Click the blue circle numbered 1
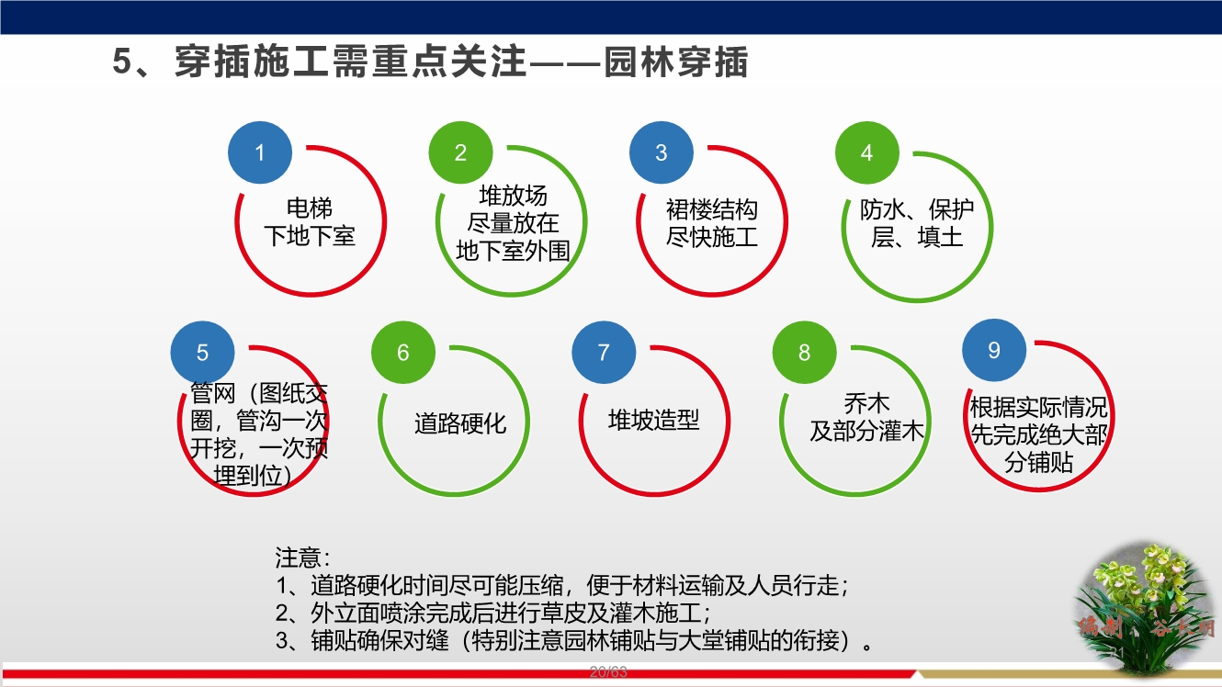pos(260,152)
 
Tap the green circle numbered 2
pos(461,152)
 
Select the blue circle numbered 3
pos(661,152)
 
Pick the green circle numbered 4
pos(866,152)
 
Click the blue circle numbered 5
pos(203,353)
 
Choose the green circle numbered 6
pos(402,353)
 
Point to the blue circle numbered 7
pos(604,353)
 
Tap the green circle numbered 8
pos(805,353)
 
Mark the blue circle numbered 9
pos(993,350)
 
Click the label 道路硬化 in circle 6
pos(459,423)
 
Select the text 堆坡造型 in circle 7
pos(653,421)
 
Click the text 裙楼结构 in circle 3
pos(711,209)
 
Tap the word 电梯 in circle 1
pos(310,208)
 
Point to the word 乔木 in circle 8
pos(866,404)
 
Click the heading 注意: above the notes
pos(302,557)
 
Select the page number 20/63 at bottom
pos(608,672)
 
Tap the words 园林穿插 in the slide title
pos(676,62)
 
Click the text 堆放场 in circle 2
pos(513,196)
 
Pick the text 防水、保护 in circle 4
pos(916,209)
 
